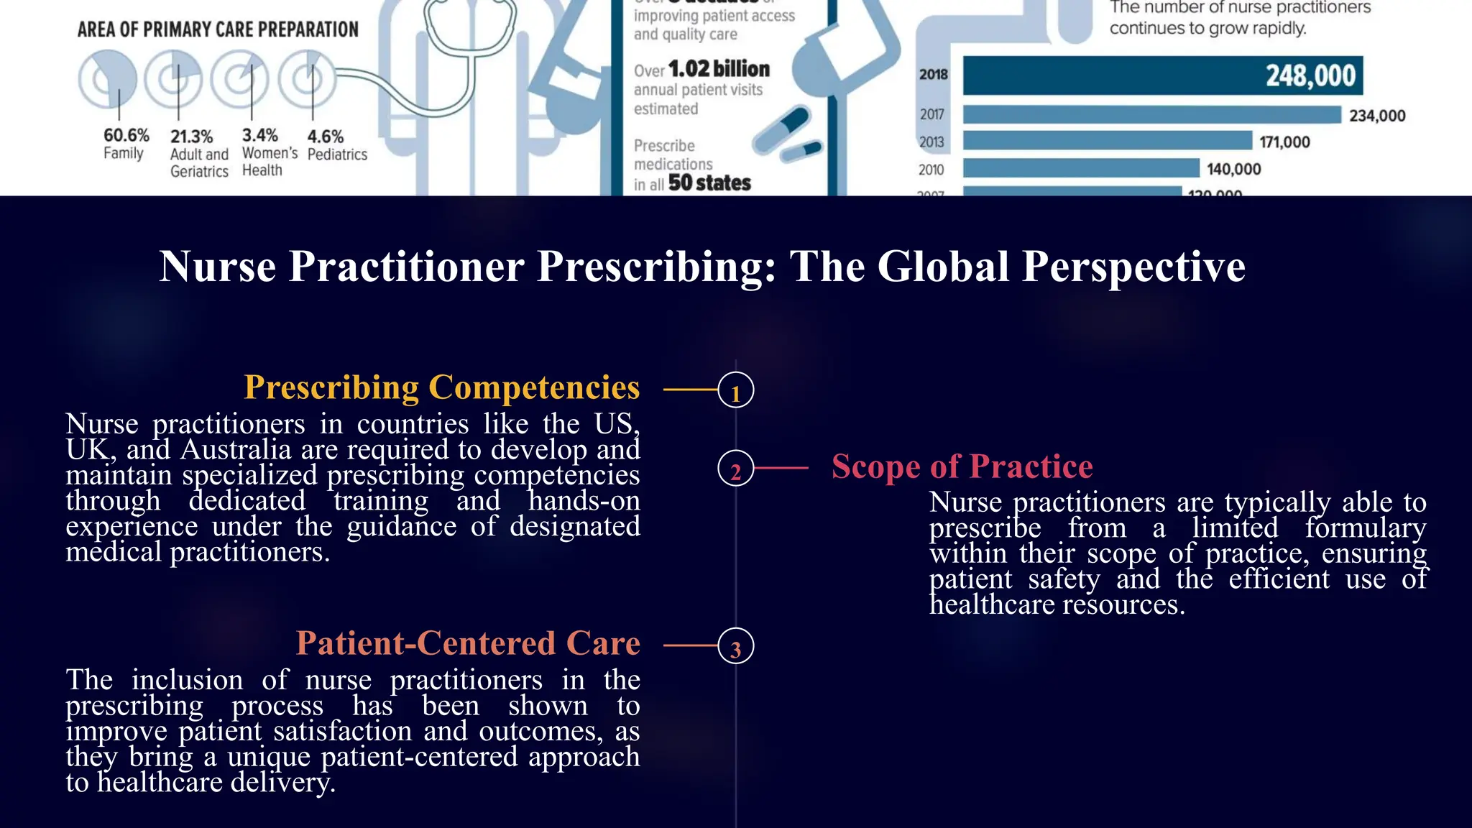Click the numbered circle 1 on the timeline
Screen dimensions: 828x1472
735,390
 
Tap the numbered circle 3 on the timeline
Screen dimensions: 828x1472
735,646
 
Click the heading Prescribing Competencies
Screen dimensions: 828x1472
441,387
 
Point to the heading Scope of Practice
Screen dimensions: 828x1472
962,466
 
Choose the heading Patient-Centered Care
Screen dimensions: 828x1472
468,643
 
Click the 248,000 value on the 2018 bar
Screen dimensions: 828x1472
1310,75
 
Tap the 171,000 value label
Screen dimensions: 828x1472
1284,142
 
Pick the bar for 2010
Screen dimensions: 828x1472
1081,169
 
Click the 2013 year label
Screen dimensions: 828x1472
931,142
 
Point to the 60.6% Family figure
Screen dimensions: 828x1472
126,136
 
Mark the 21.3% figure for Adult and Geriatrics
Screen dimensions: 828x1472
192,137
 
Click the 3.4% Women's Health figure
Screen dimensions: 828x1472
259,136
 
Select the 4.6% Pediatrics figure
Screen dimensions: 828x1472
326,137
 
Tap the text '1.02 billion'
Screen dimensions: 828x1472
719,69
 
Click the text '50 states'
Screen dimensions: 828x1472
709,183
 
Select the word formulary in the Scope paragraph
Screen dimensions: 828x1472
1366,528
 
